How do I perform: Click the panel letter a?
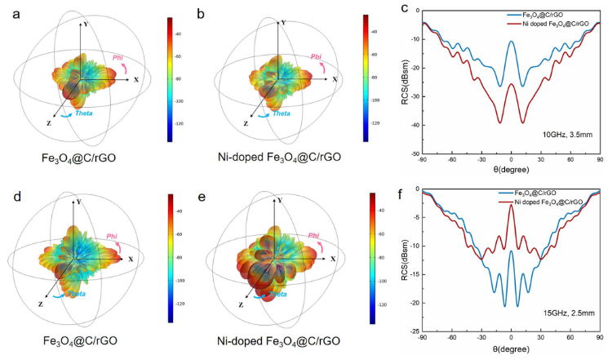pyautogui.click(x=9, y=11)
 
